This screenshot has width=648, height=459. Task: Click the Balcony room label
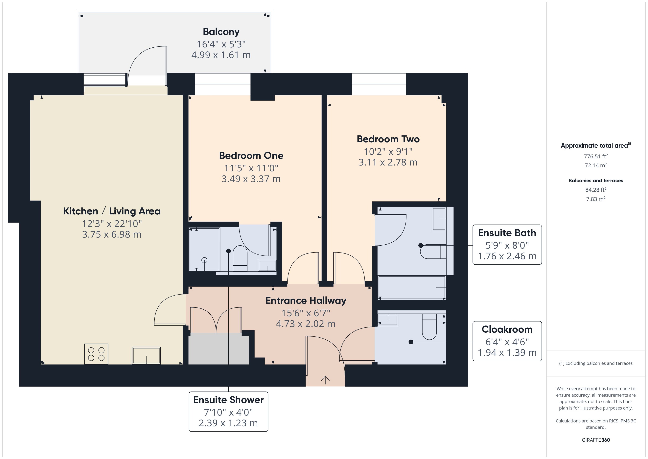pyautogui.click(x=221, y=32)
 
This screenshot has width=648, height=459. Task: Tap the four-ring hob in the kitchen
pyautogui.click(x=96, y=354)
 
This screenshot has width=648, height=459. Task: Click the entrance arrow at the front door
pyautogui.click(x=325, y=380)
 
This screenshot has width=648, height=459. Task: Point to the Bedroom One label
pyautogui.click(x=251, y=155)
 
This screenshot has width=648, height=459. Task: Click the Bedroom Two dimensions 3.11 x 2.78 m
pyautogui.click(x=388, y=162)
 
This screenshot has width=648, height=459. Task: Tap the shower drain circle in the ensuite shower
pyautogui.click(x=204, y=260)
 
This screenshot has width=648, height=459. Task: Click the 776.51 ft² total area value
pyautogui.click(x=596, y=156)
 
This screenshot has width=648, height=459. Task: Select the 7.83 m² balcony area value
pyautogui.click(x=596, y=199)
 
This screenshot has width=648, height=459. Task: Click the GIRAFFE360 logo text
pyautogui.click(x=596, y=440)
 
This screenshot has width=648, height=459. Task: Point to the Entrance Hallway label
pyautogui.click(x=306, y=300)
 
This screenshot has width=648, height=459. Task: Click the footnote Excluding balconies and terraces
pyautogui.click(x=596, y=363)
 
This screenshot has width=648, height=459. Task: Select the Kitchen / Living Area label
pyautogui.click(x=112, y=211)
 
